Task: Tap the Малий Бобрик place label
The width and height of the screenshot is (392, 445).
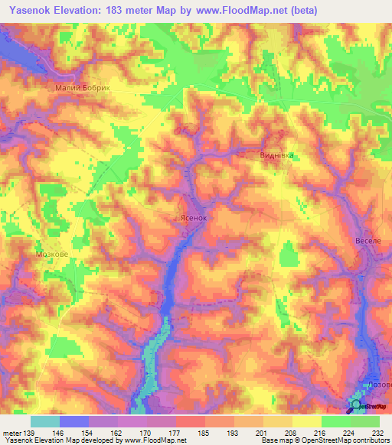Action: coord(83,88)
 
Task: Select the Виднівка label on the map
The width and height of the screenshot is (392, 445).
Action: coord(276,154)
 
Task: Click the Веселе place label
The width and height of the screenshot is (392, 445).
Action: coord(368,241)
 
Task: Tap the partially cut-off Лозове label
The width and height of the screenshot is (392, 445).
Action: coord(380,386)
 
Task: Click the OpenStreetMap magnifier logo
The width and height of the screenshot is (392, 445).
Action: coord(356,405)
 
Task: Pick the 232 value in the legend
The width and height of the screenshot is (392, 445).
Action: coord(377,433)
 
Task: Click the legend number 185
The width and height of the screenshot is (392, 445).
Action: coord(204,433)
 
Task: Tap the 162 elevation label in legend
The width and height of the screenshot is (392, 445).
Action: coord(117,433)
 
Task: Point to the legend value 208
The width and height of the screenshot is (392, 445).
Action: coord(290,433)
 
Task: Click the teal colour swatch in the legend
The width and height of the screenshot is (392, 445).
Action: coord(45,421)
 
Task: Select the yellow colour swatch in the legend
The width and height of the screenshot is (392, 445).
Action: coord(306,421)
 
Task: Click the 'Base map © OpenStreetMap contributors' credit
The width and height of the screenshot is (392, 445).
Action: coord(324,441)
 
